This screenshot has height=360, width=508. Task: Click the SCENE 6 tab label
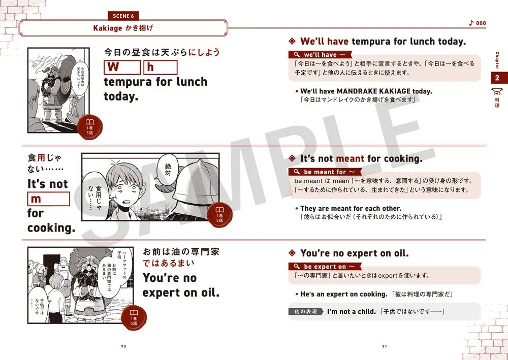124,16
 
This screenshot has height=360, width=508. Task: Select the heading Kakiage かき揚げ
123,28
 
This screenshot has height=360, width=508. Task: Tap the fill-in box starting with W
122,68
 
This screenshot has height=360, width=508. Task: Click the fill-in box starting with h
161,68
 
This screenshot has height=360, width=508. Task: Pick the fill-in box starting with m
48,199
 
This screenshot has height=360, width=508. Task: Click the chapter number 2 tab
497,78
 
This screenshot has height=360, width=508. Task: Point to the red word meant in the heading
350,158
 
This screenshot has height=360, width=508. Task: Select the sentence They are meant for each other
351,208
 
